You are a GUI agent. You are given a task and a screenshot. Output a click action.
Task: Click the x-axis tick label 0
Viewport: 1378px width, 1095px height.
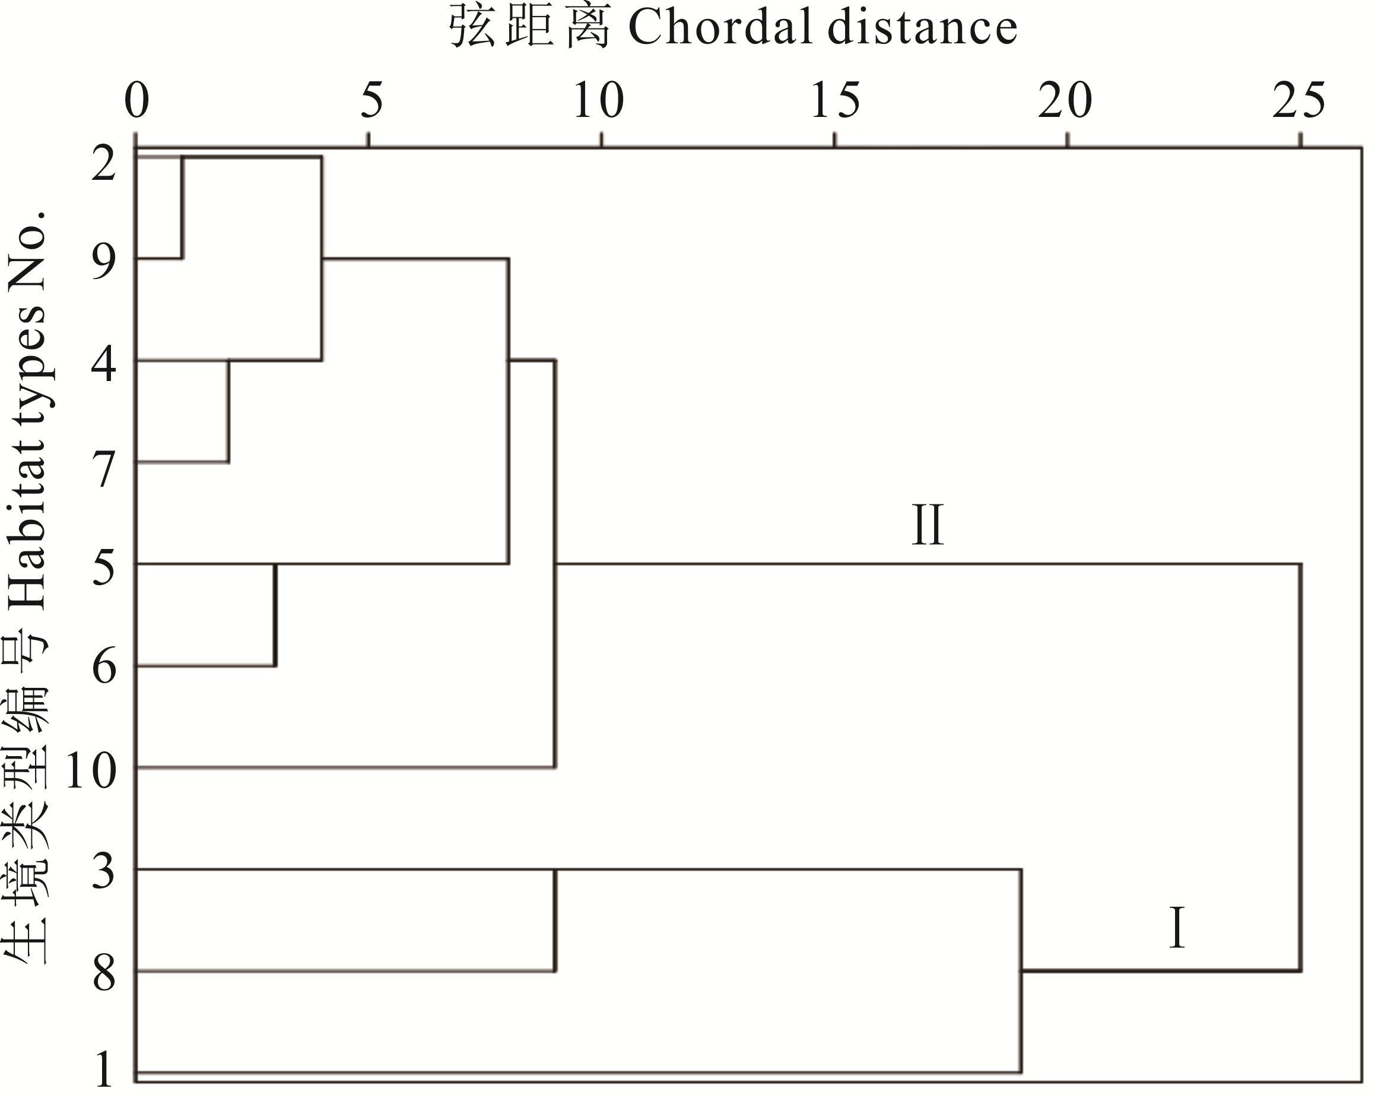point(136,100)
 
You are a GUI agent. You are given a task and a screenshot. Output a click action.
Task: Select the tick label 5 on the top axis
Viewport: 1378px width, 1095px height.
point(372,100)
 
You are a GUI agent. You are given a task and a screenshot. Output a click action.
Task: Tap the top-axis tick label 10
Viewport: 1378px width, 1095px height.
point(598,100)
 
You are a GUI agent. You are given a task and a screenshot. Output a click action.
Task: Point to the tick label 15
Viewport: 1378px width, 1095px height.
point(836,100)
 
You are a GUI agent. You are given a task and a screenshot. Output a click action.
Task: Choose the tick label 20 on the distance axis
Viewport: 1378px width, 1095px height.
point(1065,100)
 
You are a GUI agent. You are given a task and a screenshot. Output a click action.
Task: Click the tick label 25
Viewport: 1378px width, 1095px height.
point(1298,100)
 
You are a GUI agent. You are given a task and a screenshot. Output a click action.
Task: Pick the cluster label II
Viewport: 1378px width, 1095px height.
point(928,525)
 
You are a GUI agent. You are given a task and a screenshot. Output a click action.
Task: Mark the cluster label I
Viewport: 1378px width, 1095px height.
point(1177,928)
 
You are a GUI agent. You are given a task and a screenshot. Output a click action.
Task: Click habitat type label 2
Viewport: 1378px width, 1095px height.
point(103,163)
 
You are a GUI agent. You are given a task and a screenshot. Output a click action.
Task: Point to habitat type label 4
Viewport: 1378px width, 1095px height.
point(103,364)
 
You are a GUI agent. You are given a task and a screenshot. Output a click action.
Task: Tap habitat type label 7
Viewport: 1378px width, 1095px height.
point(103,468)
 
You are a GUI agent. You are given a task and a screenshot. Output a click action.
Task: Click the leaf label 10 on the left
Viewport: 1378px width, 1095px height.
point(91,770)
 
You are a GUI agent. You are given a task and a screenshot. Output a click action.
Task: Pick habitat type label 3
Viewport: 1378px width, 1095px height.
point(103,871)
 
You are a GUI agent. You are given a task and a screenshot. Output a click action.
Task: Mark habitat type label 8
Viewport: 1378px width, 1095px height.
point(103,973)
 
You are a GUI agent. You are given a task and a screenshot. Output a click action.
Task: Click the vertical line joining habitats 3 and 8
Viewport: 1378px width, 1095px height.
point(555,921)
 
